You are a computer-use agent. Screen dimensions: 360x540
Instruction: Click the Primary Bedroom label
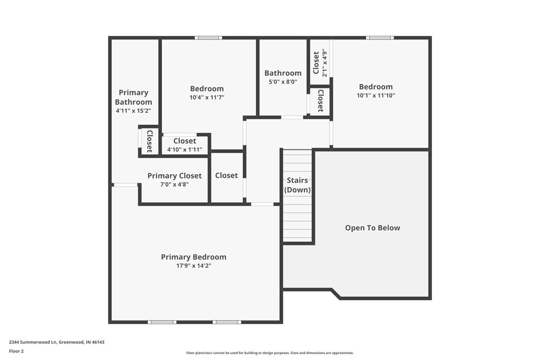tap(193, 257)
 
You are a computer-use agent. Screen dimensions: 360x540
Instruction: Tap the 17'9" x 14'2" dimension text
tap(193, 266)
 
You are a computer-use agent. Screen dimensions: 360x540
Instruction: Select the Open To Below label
tap(373, 228)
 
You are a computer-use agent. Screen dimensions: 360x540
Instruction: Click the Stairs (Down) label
tap(298, 185)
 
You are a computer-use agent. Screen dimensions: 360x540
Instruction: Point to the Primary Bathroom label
tap(133, 97)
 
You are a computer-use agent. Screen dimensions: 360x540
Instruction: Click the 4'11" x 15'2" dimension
tap(133, 111)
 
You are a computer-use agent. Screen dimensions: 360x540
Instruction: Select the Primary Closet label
tap(174, 175)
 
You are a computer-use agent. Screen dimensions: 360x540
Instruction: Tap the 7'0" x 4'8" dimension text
tap(174, 185)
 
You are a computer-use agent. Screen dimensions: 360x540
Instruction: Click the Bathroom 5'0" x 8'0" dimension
tap(283, 82)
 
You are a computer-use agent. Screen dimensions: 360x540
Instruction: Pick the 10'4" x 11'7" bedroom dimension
tap(207, 98)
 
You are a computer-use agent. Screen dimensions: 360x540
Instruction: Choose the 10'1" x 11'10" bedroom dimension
tap(376, 96)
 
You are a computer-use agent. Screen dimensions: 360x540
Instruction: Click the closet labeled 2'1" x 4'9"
tap(320, 63)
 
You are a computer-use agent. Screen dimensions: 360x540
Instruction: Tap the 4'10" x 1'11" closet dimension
tap(185, 150)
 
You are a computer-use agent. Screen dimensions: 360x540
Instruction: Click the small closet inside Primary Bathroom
tap(150, 141)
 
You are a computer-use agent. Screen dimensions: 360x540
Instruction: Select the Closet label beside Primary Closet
tap(226, 175)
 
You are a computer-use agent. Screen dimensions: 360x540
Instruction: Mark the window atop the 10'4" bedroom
tap(208, 38)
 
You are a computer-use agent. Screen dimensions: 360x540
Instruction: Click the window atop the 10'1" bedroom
tap(380, 38)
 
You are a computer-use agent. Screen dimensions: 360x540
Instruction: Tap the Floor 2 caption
tap(16, 351)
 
